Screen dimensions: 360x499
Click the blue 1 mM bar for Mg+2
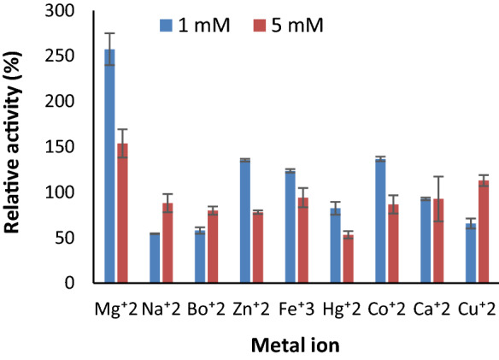point(109,166)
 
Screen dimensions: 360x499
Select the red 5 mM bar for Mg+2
point(123,213)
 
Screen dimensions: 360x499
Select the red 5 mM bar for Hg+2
point(349,258)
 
